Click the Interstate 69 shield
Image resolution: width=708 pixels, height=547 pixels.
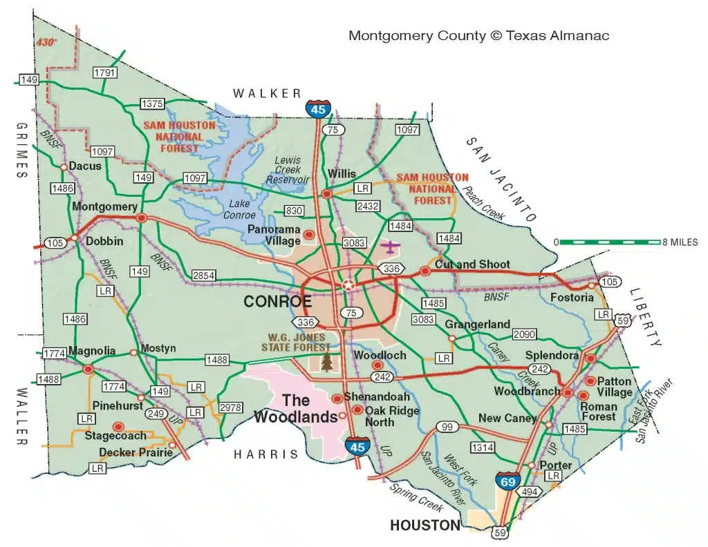[508, 481]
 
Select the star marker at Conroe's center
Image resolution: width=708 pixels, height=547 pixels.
[348, 285]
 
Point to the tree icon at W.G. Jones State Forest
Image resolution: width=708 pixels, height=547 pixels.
[326, 361]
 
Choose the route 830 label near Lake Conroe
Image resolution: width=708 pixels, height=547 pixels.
[294, 211]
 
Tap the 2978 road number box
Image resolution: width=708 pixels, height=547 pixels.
[230, 407]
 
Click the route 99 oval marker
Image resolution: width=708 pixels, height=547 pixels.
[447, 427]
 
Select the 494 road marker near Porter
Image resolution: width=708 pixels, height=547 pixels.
[530, 491]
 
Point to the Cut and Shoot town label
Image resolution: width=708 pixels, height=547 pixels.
[472, 265]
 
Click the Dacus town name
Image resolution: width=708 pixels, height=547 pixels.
[85, 166]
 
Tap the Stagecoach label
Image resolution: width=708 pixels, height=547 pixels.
[115, 436]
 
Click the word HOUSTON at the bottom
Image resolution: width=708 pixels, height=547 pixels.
[425, 526]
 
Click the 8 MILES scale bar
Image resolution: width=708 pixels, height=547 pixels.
[608, 242]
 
